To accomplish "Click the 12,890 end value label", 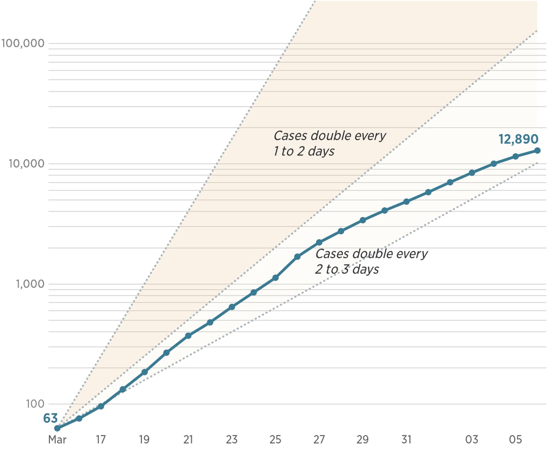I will click(x=518, y=139).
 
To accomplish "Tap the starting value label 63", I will click(x=51, y=418).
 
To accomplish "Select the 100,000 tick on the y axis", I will click(x=23, y=43).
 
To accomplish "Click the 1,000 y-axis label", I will click(x=30, y=284).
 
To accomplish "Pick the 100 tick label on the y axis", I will click(x=35, y=404).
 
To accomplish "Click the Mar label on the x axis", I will click(x=57, y=440).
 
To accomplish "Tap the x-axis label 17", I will click(x=101, y=440).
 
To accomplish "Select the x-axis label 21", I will click(x=188, y=440).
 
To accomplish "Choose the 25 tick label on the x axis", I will click(x=275, y=440).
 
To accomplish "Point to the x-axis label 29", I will click(x=363, y=440).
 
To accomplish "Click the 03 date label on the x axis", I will click(x=472, y=440).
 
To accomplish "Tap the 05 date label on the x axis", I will click(x=515, y=440).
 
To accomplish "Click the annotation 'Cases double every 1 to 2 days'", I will click(x=329, y=143).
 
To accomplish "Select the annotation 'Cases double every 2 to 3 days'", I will click(x=371, y=261).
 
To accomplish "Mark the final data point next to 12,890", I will click(x=537, y=151).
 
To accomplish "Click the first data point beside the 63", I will click(x=57, y=428).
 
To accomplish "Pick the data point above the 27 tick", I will click(x=319, y=243).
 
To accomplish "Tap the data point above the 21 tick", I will click(x=188, y=336).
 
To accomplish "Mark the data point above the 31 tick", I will click(x=406, y=202).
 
